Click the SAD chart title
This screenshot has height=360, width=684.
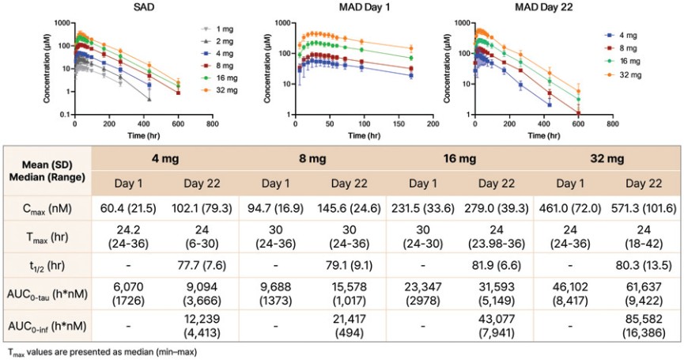144,7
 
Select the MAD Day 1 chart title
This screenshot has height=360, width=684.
364,7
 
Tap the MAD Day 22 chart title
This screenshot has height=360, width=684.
544,7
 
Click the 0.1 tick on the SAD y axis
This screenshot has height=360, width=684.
64,114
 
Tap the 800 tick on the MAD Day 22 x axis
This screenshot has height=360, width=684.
613,124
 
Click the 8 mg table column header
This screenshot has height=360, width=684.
312,158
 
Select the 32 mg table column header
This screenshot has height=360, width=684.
607,158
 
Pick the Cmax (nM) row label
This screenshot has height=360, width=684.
47,209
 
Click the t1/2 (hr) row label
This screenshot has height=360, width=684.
47,266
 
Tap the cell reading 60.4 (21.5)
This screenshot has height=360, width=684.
128,209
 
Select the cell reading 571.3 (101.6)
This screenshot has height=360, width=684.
644,209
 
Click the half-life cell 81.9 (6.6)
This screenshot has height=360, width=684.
497,265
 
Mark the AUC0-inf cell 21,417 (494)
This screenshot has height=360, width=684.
349,326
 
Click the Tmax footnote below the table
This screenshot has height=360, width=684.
103,352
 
